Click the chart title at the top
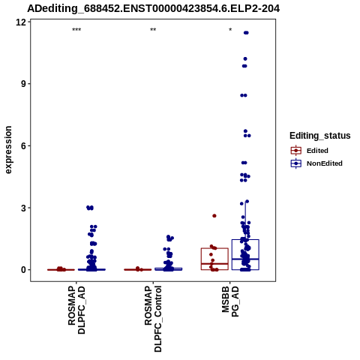tap(154, 9)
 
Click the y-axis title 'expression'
tap(8, 150)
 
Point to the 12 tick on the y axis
tap(21, 22)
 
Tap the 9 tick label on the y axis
tap(24, 84)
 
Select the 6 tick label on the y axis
tap(24, 145)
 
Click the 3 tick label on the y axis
tap(24, 208)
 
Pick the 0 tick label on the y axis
tap(24, 270)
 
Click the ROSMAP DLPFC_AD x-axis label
tap(76, 310)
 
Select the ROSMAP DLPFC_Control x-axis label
tap(153, 319)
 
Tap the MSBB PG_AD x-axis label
tap(230, 301)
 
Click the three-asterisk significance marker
tap(76, 30)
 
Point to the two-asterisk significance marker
tap(153, 30)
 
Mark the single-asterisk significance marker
tap(230, 29)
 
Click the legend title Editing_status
tap(320, 136)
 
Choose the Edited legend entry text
tap(317, 151)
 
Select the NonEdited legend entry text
tap(325, 163)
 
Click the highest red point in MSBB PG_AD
tap(214, 216)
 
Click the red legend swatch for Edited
tap(296, 151)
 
